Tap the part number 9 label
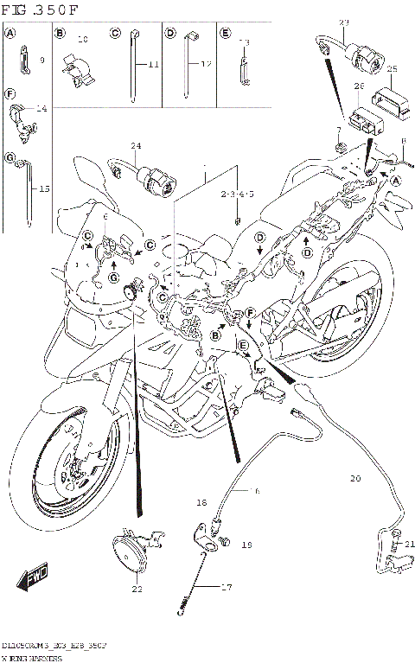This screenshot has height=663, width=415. (x=41, y=61)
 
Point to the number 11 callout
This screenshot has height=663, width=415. (x=154, y=66)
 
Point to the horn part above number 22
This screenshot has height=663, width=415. (x=132, y=552)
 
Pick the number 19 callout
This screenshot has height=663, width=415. (x=246, y=545)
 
